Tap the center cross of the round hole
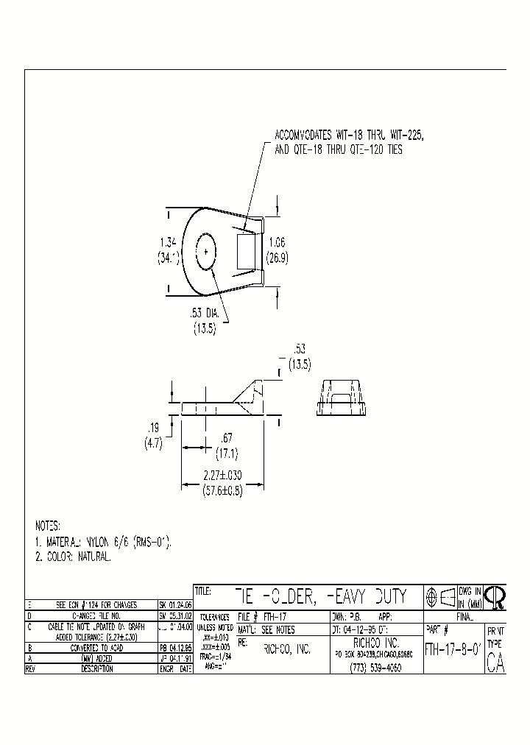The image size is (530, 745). coord(206,253)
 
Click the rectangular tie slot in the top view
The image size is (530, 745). coord(245,251)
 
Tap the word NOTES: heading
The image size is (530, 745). coord(49,526)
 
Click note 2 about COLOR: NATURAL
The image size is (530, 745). coord(74,557)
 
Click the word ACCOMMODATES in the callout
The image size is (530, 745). coord(303,136)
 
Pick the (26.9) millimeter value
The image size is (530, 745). coord(278,258)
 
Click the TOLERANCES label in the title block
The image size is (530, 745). coord(214,618)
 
